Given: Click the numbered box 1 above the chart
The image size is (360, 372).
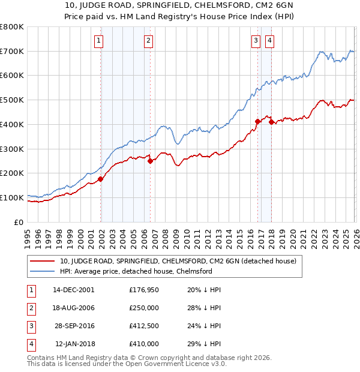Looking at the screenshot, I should [98, 41].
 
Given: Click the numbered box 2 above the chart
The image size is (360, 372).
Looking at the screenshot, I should [148, 41].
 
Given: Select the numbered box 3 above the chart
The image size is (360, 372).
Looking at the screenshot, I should [256, 41].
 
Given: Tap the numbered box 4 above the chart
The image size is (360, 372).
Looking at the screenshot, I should [270, 41].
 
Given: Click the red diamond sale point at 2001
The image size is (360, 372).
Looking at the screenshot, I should [101, 178].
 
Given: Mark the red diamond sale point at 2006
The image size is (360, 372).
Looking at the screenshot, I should [150, 160].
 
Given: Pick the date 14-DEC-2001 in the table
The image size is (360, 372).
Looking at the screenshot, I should [74, 290].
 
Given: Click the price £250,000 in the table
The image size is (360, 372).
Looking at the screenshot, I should [144, 308].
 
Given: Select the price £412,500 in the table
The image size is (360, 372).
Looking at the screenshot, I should [144, 326].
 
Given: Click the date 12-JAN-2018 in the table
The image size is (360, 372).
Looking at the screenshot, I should [74, 344].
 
